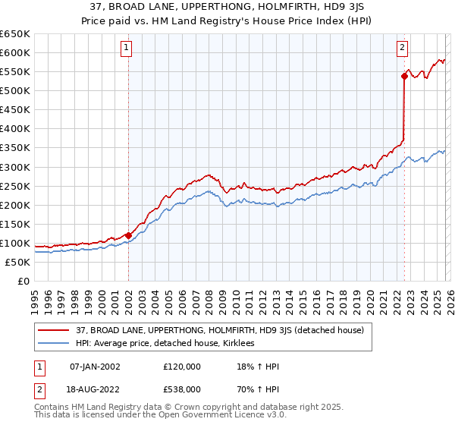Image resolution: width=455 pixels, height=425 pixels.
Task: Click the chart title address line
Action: pos(227,7)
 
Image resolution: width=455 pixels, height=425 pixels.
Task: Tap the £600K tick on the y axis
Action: pos(15,52)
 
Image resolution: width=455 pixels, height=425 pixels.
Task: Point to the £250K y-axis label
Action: pos(15,186)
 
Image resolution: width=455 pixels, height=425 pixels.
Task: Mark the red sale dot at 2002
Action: pos(128,235)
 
